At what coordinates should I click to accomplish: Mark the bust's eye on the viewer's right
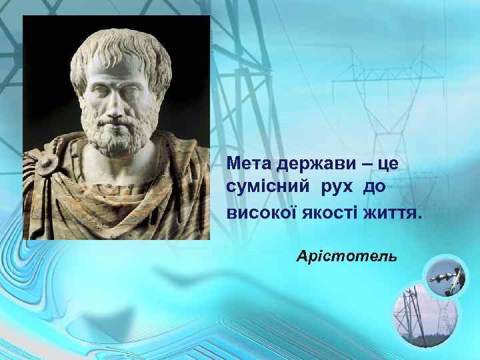[x=131, y=91]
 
